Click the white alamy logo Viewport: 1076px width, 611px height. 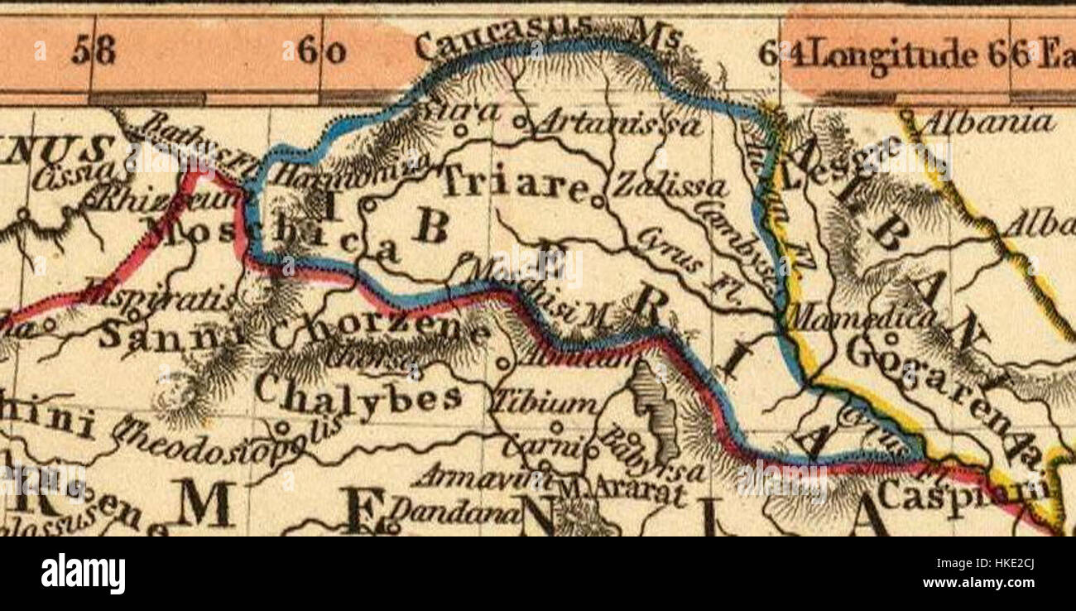[83, 575]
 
